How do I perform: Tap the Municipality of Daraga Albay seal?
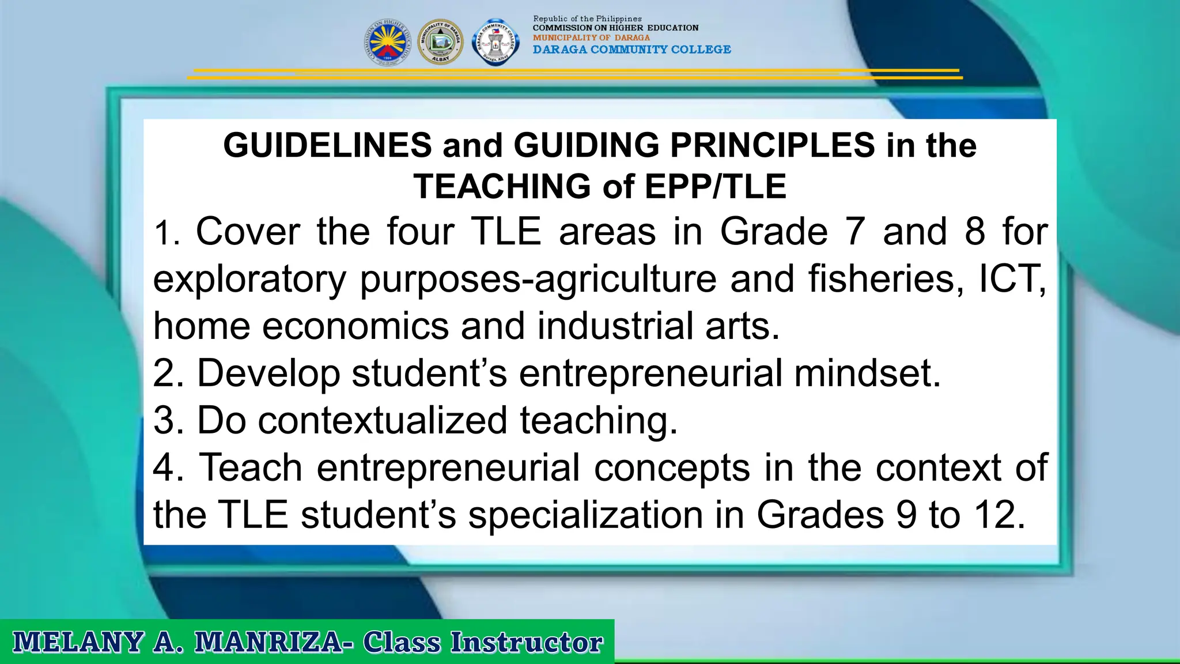440,42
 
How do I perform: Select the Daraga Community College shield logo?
495,42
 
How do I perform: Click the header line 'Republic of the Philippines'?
587,19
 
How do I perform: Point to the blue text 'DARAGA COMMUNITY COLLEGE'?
631,50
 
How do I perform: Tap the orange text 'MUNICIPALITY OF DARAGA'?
591,37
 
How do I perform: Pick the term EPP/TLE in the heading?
715,186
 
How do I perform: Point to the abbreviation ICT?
1012,278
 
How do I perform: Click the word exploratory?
249,280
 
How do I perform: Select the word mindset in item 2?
867,373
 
